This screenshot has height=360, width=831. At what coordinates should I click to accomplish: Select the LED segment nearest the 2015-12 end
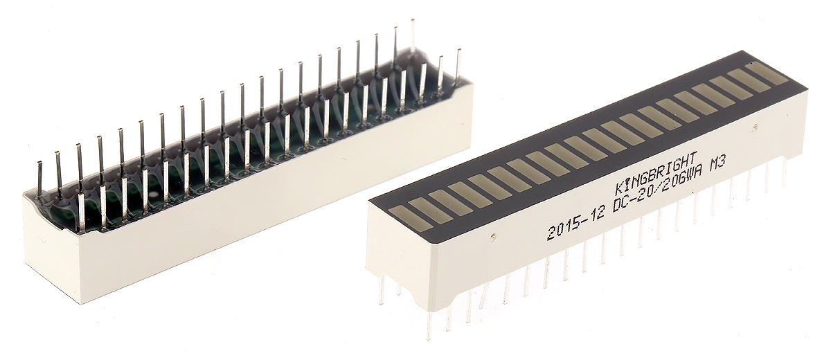[x=411, y=217]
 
